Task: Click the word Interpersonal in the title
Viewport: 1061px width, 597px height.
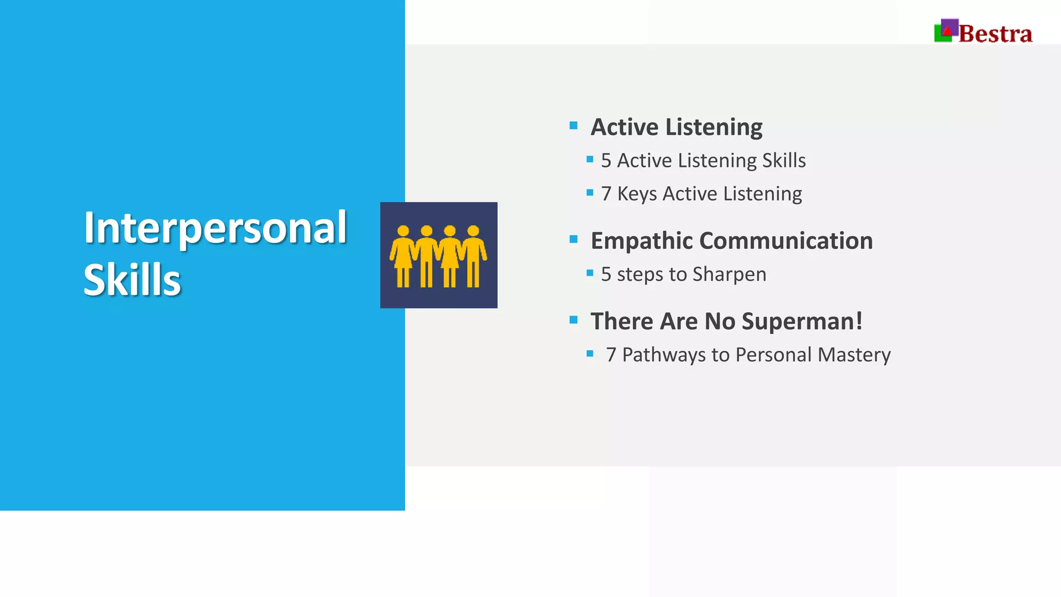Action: point(215,228)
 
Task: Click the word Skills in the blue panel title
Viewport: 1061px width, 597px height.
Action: point(132,280)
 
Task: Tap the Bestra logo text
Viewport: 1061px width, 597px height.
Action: point(995,34)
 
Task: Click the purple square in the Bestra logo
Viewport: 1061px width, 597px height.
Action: point(950,26)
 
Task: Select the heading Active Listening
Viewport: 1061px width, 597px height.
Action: point(676,127)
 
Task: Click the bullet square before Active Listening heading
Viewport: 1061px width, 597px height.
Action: point(573,125)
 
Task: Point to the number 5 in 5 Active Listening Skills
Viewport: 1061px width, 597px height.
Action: point(606,161)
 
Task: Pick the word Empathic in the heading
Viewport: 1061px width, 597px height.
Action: point(641,241)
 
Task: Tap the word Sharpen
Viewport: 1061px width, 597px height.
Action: point(729,275)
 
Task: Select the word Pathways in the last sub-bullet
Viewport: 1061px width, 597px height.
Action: point(664,356)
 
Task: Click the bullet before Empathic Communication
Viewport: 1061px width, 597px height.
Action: point(573,239)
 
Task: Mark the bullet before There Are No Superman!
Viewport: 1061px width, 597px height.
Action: point(573,320)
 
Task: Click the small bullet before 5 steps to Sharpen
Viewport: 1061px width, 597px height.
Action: point(590,273)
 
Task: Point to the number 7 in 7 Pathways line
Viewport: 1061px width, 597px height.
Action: point(611,356)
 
